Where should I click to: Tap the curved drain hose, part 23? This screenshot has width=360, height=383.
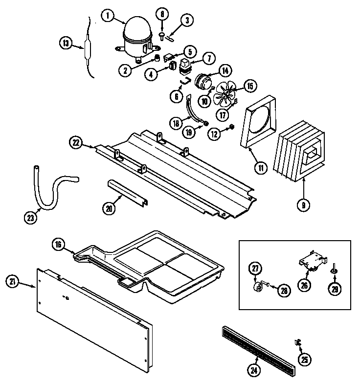[x=46, y=188]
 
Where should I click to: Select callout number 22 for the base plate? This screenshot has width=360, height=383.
[x=75, y=142]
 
